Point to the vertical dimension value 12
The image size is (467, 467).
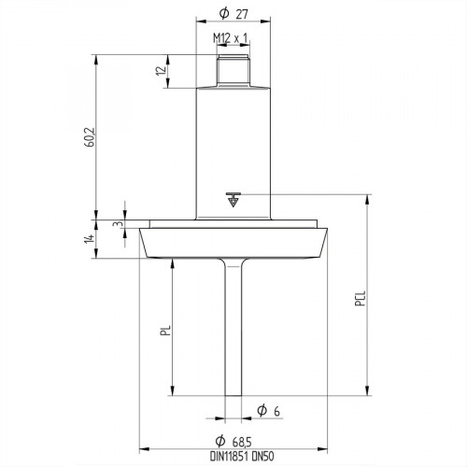161,71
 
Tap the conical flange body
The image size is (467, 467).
233,245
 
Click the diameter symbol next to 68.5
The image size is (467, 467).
217,440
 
